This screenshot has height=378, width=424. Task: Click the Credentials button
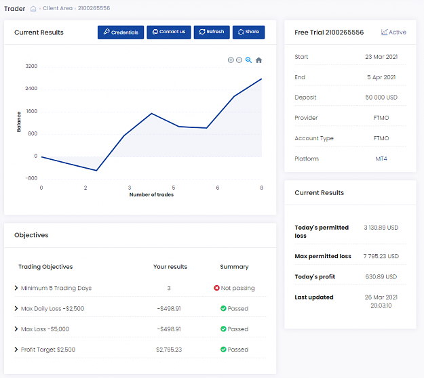(x=121, y=33)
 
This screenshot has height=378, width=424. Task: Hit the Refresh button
(x=212, y=33)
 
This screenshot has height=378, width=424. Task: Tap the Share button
(x=248, y=33)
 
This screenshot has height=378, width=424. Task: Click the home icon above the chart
(x=258, y=60)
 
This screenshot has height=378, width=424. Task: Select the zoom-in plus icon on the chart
(x=231, y=60)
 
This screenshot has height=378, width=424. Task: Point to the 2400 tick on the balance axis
(x=31, y=89)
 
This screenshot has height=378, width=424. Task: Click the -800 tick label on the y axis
(x=31, y=178)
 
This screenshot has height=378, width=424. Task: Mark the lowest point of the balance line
(x=96, y=170)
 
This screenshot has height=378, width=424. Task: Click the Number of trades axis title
(x=151, y=194)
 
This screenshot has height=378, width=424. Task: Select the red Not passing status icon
(x=216, y=288)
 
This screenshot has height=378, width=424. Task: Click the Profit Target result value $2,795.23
(x=169, y=350)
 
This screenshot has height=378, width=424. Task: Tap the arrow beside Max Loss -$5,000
(x=16, y=329)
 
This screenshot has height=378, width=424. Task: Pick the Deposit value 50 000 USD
(x=381, y=98)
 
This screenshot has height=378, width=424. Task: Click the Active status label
(x=398, y=33)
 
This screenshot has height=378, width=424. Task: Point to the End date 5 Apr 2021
(x=381, y=77)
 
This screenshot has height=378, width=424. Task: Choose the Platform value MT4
(x=381, y=159)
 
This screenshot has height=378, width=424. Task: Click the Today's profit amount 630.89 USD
(x=381, y=277)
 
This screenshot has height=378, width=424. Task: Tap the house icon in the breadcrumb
(x=33, y=9)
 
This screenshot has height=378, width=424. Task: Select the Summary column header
(x=234, y=267)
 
